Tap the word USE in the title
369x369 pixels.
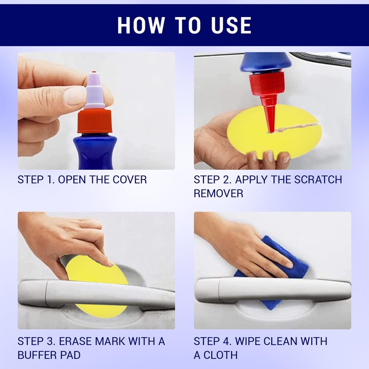click(232, 25)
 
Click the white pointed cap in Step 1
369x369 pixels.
click(94, 90)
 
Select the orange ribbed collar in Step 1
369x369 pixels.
click(95, 121)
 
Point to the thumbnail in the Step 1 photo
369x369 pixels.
click(74, 95)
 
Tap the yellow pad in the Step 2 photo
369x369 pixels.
click(274, 132)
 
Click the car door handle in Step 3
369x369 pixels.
click(96, 294)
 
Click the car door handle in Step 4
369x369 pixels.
click(273, 290)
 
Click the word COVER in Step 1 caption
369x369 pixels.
click(130, 180)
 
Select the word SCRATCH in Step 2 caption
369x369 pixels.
click(318, 180)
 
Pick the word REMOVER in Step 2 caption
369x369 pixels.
click(218, 193)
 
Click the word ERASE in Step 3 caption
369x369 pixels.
click(75, 341)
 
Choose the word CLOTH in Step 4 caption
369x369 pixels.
click(220, 355)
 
